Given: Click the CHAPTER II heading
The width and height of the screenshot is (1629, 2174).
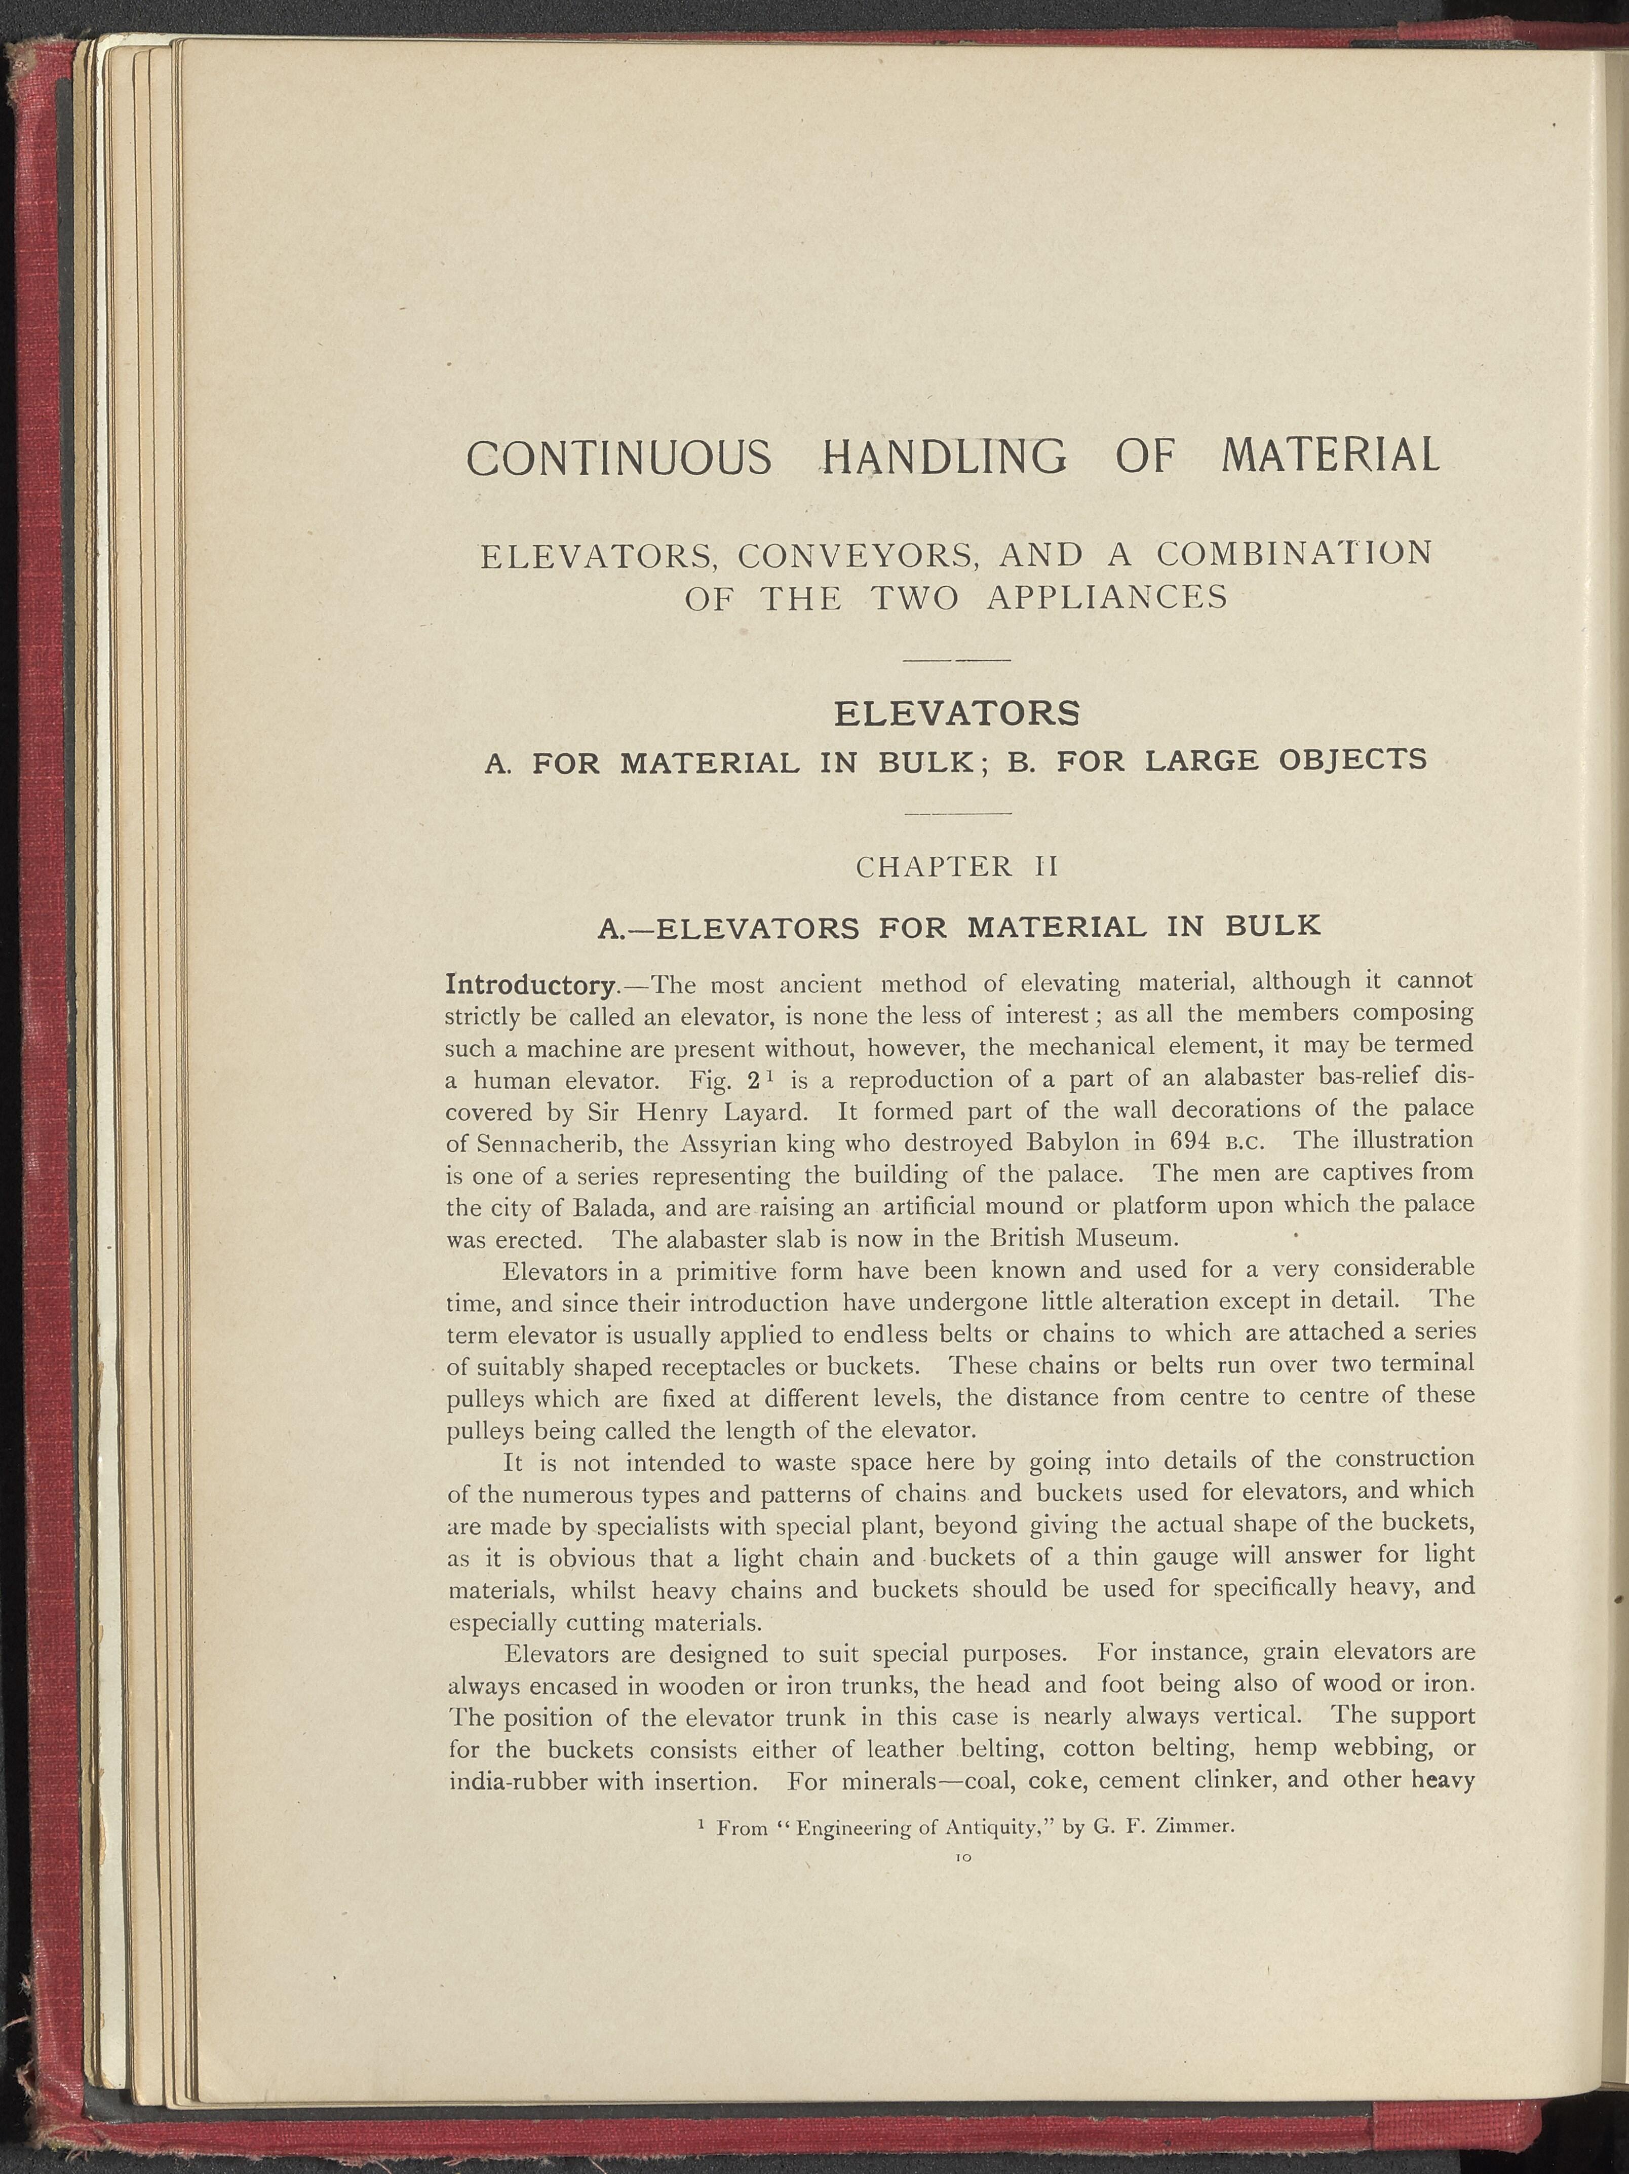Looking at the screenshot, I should click(x=955, y=867).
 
